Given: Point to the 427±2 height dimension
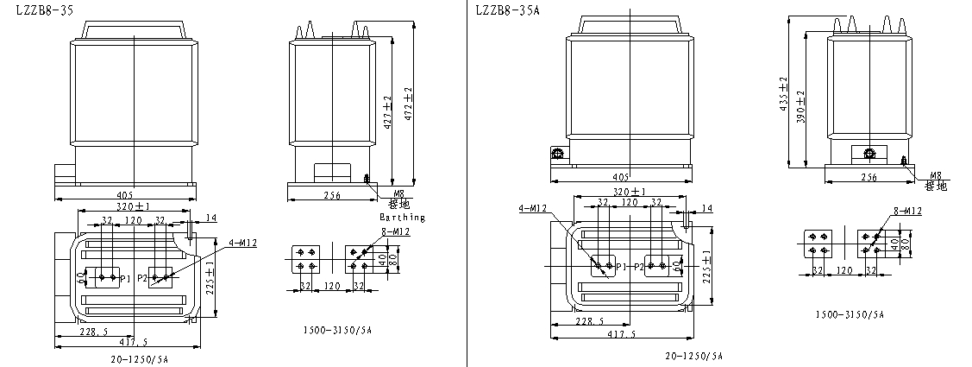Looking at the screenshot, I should coord(387,110).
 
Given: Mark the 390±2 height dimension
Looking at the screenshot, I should coord(800,105).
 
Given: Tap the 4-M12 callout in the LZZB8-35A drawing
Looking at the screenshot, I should coord(534,208).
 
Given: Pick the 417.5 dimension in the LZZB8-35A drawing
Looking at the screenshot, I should coord(622,334).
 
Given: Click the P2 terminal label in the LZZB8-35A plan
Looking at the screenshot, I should coord(639,268).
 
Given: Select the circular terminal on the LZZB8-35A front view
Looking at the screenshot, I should coord(557,155).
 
